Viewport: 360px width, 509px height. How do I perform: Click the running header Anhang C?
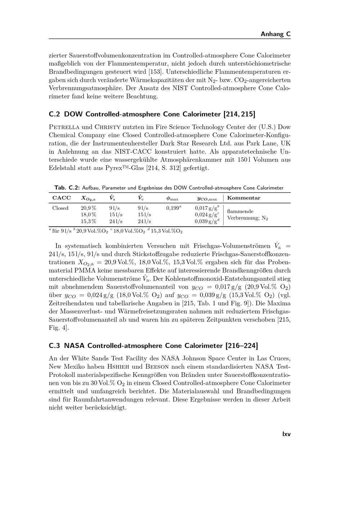coord(275,34)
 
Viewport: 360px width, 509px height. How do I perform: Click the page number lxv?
coord(286,434)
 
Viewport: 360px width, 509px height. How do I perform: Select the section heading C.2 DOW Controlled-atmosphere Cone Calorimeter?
coord(152,114)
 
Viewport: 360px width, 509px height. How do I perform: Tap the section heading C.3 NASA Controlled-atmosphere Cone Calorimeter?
coord(153,346)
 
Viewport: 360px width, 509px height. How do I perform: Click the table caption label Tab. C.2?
coord(67,188)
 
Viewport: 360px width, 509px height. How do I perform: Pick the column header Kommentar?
coord(244,198)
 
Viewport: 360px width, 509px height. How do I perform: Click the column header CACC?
coord(62,198)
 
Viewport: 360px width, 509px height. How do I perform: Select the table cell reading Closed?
coord(60,208)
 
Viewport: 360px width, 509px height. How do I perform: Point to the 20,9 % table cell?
coord(88,208)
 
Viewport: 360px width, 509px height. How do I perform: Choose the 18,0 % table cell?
coord(88,215)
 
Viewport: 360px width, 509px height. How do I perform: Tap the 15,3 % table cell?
coord(88,221)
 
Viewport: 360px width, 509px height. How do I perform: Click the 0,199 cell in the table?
coord(174,208)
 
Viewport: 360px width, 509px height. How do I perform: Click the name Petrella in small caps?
coord(64,127)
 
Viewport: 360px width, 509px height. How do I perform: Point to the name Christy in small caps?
coord(107,127)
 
